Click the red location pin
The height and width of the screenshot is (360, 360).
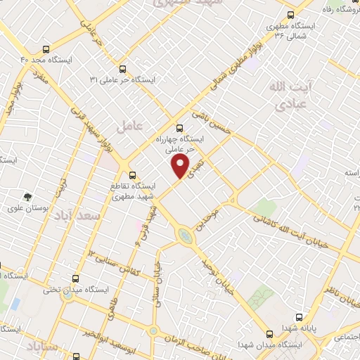[181, 166]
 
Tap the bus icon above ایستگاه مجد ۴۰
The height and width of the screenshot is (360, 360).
[46, 50]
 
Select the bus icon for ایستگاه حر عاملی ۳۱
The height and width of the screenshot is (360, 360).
[123, 69]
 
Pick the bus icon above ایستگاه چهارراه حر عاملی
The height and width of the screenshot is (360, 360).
[179, 129]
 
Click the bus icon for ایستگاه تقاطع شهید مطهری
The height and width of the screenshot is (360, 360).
[131, 175]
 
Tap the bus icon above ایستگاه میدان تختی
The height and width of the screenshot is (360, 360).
[78, 278]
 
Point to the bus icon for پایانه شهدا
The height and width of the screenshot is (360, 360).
[299, 317]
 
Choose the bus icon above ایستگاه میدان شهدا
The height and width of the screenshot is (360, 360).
[270, 334]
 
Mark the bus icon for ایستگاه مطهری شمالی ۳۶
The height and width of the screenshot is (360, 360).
[290, 13]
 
